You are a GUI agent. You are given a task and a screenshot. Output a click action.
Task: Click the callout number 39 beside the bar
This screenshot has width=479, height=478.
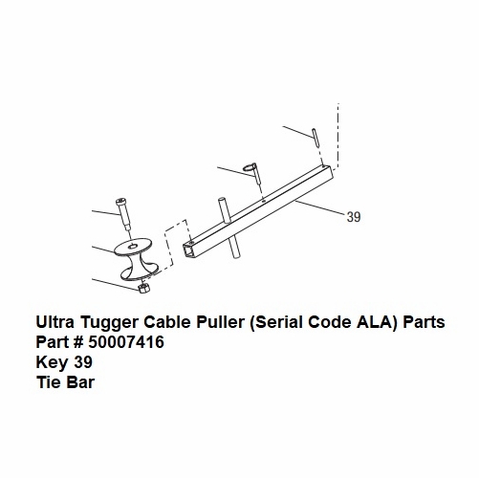click(x=354, y=217)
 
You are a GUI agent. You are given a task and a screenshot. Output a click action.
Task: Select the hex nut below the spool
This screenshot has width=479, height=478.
click(x=142, y=289)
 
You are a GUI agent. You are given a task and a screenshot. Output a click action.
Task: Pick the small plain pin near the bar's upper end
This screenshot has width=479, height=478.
click(x=316, y=137)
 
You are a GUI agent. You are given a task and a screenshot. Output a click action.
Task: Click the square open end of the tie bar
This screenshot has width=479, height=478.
click(x=188, y=251)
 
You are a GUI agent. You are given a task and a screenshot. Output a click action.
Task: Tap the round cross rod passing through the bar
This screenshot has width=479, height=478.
click(x=229, y=228)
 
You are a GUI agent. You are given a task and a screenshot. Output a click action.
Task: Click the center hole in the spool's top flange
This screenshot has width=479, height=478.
click(x=133, y=245)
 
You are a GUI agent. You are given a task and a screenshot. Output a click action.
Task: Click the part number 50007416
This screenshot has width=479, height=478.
click(x=126, y=342)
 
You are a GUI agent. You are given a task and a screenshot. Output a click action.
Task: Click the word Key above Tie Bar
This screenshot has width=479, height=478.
click(x=53, y=363)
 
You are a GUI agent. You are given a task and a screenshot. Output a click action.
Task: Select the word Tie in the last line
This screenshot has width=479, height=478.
click(x=49, y=382)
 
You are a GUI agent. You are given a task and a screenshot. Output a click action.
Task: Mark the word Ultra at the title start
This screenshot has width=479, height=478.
click(x=55, y=322)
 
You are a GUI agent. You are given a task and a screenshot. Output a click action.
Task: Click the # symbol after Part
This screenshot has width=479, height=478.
click(x=78, y=342)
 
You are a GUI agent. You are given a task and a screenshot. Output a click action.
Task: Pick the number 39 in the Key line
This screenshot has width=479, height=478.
click(x=83, y=362)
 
